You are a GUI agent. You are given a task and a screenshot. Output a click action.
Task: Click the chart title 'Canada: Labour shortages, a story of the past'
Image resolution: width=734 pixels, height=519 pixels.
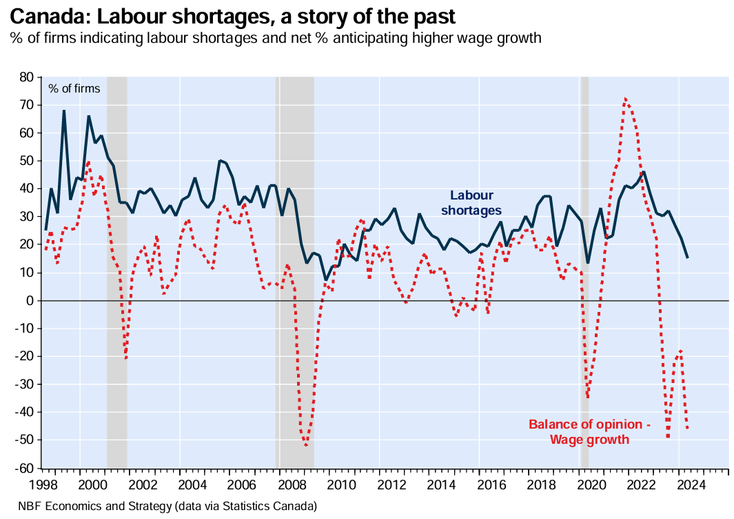coord(233,15)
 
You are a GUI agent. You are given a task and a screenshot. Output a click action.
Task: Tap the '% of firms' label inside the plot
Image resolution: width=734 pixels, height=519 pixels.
coord(74,88)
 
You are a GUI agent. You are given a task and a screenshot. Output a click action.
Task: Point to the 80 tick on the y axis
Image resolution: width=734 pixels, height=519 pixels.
coord(30,77)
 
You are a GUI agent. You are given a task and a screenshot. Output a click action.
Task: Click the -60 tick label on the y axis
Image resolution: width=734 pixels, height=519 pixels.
coord(28,468)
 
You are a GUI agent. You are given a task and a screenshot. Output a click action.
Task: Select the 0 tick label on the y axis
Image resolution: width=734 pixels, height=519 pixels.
coord(33,301)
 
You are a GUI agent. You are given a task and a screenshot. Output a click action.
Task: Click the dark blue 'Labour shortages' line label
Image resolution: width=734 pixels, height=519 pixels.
coord(471,202)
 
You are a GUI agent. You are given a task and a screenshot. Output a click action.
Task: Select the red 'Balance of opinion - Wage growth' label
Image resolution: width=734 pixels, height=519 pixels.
coord(589,431)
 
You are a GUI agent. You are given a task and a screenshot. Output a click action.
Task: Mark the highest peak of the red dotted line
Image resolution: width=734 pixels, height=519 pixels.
coord(624,99)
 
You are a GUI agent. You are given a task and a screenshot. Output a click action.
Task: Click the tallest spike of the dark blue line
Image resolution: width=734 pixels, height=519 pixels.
coord(64,111)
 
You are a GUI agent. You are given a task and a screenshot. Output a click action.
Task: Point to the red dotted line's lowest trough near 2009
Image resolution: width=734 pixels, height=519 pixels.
coord(306,445)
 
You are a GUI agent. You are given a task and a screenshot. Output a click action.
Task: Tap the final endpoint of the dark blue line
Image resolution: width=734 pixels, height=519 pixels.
coord(687,257)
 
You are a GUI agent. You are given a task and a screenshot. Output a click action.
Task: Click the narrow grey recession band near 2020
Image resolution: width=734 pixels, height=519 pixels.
coord(584,273)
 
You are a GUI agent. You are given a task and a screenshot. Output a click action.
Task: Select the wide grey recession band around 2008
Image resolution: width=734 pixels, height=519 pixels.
coord(295,273)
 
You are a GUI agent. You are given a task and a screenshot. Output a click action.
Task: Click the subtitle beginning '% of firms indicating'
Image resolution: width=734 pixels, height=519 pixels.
coord(276,38)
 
